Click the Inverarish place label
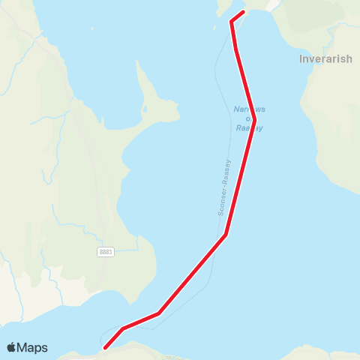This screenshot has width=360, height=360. tap(325, 59)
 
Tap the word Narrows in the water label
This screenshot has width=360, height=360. tap(249, 109)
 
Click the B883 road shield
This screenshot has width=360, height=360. tap(106, 252)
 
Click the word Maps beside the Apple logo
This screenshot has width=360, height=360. tap(32, 347)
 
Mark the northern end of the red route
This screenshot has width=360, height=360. tap(244, 12)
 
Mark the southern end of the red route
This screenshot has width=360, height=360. tap(105, 347)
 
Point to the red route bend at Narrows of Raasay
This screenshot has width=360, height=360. tap(255, 120)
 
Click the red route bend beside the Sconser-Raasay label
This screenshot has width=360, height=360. tap(226, 235)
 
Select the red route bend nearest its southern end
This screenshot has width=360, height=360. tap(123, 328)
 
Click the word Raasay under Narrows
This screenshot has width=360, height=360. tap(249, 127)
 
